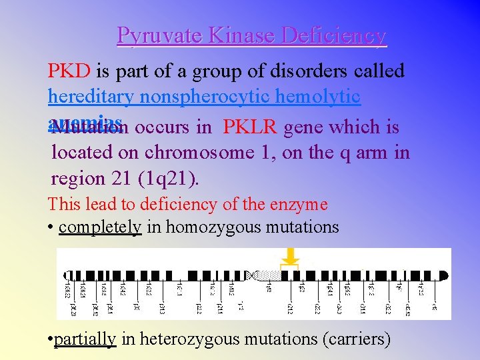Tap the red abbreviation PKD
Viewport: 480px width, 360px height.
69,71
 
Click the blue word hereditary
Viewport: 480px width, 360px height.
91,97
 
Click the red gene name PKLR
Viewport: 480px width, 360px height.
251,127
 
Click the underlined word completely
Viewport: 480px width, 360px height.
100,227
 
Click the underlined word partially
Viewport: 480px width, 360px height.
85,339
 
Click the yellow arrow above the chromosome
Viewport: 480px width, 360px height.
290,256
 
